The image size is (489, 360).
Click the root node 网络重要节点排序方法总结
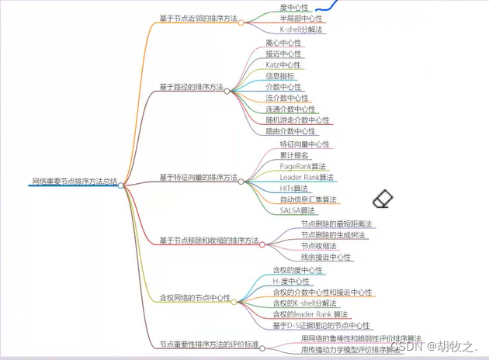(74, 182)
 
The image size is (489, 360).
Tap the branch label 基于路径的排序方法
(192, 88)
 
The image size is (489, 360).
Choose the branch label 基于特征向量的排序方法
(199, 178)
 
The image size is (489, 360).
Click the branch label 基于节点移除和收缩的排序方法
(209, 241)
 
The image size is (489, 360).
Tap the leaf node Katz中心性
(284, 65)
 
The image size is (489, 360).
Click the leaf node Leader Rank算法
(307, 178)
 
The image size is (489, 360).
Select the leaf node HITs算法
(294, 189)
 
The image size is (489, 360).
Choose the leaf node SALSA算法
(297, 210)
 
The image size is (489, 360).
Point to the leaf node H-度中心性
(291, 281)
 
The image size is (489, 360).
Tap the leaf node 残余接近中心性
(326, 257)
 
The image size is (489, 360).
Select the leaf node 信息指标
(281, 76)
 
